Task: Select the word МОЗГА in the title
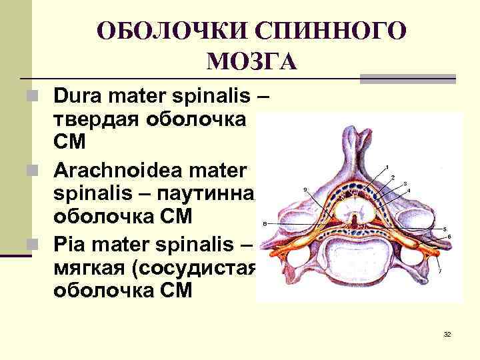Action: [251, 62]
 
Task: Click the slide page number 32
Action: [447, 333]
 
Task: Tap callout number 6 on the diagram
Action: [449, 237]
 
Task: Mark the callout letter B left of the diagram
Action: [265, 223]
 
